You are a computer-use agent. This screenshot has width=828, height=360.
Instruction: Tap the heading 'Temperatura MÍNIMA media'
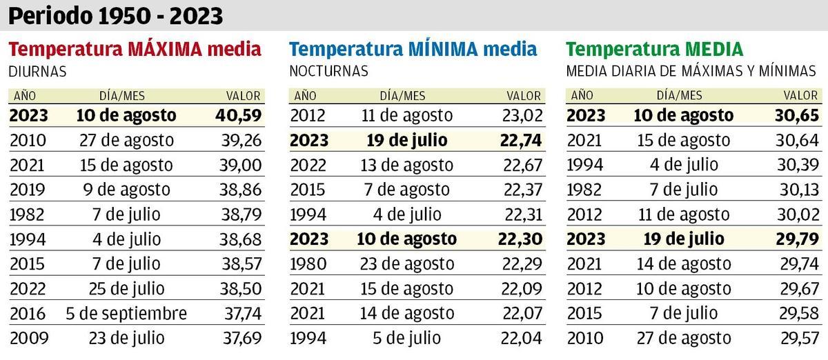(413, 50)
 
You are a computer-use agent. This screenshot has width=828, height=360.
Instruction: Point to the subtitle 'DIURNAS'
(37, 71)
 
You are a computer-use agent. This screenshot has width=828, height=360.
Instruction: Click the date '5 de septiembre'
(127, 314)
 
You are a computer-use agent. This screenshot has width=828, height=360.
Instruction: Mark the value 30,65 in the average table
(798, 115)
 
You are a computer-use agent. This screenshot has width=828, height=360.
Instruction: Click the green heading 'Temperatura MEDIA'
(654, 50)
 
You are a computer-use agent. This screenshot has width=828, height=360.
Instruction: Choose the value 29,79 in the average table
(798, 239)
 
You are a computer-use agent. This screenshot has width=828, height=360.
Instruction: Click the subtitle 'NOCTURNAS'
(328, 71)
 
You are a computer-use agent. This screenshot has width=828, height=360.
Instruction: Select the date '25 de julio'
(127, 289)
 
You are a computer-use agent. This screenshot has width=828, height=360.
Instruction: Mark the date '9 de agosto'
(127, 190)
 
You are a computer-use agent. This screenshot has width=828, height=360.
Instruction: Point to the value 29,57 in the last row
(798, 339)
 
